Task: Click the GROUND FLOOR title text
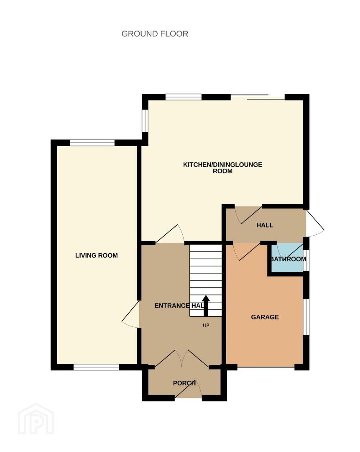coord(155,34)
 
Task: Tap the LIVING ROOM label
coord(97,255)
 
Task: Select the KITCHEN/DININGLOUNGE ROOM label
coord(222,168)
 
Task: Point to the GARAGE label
coord(265,317)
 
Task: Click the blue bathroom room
coord(287,258)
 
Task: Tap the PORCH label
coord(184,383)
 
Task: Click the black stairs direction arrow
coord(206,306)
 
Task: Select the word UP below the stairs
coord(206,326)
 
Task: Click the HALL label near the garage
coord(265,225)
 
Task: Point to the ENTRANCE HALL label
coord(179,306)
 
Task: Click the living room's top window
coord(92,143)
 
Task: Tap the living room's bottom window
coord(96,367)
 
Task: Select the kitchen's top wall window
coord(184,97)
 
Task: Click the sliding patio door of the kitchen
coord(258,97)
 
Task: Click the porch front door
coord(189,389)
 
